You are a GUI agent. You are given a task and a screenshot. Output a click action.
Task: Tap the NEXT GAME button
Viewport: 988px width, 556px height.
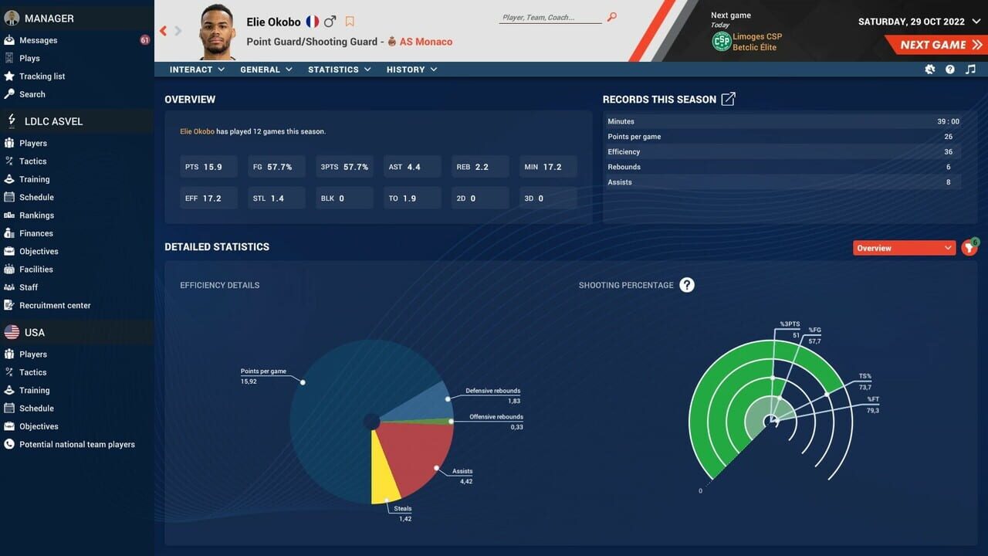click(934, 45)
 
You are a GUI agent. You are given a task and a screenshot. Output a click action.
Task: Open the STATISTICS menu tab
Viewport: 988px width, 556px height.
click(339, 69)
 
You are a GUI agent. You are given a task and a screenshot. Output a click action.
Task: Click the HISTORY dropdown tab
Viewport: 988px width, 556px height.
click(411, 69)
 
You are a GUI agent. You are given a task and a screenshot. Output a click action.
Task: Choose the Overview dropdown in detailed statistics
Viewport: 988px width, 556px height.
click(904, 248)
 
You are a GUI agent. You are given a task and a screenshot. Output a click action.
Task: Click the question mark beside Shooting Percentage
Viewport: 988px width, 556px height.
click(687, 285)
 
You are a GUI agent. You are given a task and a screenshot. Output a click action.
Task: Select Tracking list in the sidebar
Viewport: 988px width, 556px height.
click(42, 76)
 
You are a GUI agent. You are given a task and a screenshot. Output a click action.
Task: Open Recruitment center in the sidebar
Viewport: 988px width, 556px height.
click(55, 306)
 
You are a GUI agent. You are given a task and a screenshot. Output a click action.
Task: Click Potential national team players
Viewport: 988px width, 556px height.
click(76, 445)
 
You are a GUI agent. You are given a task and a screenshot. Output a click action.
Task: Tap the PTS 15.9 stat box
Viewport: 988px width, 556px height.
click(208, 167)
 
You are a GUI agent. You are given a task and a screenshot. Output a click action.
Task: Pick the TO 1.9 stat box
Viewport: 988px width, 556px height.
click(411, 198)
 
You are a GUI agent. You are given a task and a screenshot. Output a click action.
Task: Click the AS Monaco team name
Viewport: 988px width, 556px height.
click(425, 42)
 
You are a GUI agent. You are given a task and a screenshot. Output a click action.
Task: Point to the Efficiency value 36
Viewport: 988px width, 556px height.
click(948, 152)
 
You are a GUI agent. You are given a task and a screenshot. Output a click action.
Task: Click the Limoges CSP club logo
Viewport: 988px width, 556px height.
click(721, 42)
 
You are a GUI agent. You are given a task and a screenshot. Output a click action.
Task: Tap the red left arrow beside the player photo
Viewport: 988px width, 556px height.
click(164, 31)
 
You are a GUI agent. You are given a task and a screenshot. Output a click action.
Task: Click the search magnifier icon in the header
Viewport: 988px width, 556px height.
click(612, 17)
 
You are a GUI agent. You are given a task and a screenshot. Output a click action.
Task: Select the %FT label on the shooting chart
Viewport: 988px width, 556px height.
click(872, 399)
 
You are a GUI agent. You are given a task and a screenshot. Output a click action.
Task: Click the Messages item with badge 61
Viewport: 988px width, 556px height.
click(39, 40)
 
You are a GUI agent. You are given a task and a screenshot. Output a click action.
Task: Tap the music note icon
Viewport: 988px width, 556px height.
click(970, 69)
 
